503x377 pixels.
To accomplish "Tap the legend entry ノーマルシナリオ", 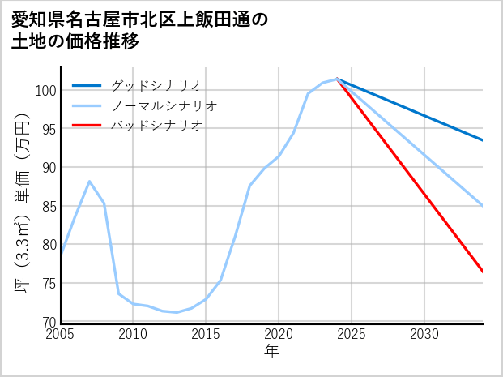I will point(164,105).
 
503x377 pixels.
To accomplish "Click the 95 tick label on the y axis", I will point(48,129).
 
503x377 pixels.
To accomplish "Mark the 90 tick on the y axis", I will point(48,168).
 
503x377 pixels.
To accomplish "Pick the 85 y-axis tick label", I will point(48,206).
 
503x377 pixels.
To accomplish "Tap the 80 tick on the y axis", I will point(48,245).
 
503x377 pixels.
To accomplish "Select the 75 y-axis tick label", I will point(48,284).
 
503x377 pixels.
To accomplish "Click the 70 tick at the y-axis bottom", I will point(48,322).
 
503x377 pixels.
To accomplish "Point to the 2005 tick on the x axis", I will point(61,334).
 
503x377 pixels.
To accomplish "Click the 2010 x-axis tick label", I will point(133,334).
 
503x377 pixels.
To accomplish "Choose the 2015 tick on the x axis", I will point(206,334).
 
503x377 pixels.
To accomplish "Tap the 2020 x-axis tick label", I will point(279,334).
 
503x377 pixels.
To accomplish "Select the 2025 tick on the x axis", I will point(352,334).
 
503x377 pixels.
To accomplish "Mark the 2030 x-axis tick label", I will point(424,334).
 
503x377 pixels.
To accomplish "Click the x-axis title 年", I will point(271,352).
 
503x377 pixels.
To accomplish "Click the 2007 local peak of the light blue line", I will point(89,182).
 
